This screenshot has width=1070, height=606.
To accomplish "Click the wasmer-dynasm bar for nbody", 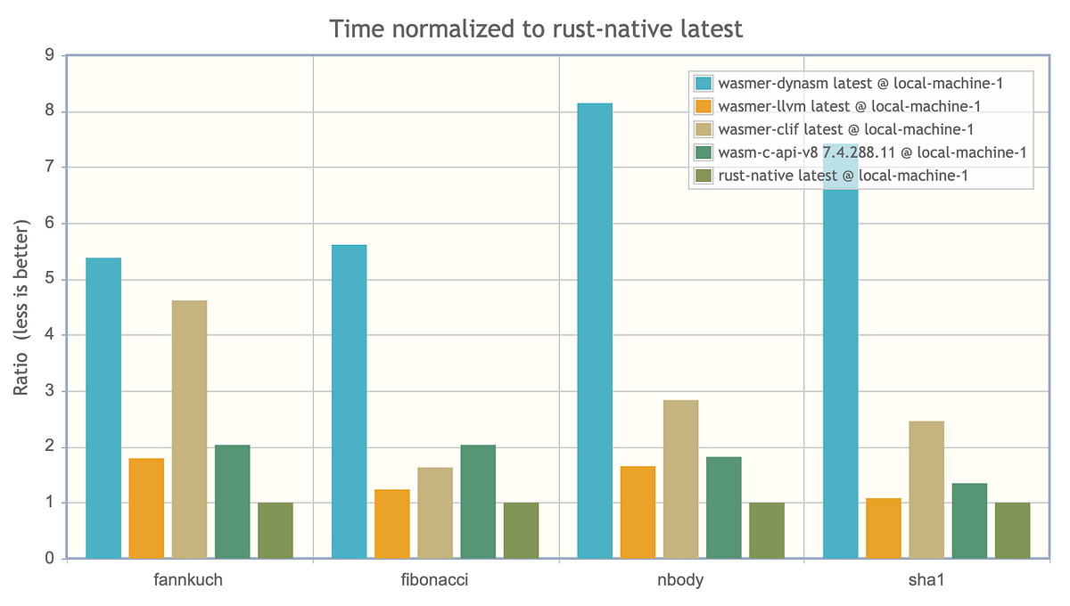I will tap(595, 331).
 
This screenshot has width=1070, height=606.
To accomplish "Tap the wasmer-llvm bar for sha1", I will tap(884, 528).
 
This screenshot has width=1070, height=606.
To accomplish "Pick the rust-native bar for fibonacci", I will tap(521, 530).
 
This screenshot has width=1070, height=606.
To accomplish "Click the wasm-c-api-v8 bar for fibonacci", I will tap(478, 502).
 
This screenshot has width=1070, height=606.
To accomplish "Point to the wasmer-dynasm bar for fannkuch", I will tap(103, 408).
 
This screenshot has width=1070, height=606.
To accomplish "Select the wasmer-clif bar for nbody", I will tap(681, 479).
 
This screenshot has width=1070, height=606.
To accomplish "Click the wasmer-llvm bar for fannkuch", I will tap(146, 508).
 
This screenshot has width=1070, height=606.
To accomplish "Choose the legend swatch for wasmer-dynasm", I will tap(704, 84).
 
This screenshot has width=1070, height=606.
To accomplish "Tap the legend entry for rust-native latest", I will tap(843, 176).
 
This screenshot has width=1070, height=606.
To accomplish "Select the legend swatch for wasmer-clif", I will tap(704, 130).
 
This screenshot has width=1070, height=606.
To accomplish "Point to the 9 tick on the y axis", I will tap(50, 56).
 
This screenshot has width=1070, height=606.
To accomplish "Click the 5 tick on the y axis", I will tap(50, 280).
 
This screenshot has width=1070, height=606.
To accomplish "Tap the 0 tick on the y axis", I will tap(50, 559).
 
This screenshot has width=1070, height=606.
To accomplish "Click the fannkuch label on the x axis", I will tap(189, 581).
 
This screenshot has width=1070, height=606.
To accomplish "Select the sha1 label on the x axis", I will tap(926, 581).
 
